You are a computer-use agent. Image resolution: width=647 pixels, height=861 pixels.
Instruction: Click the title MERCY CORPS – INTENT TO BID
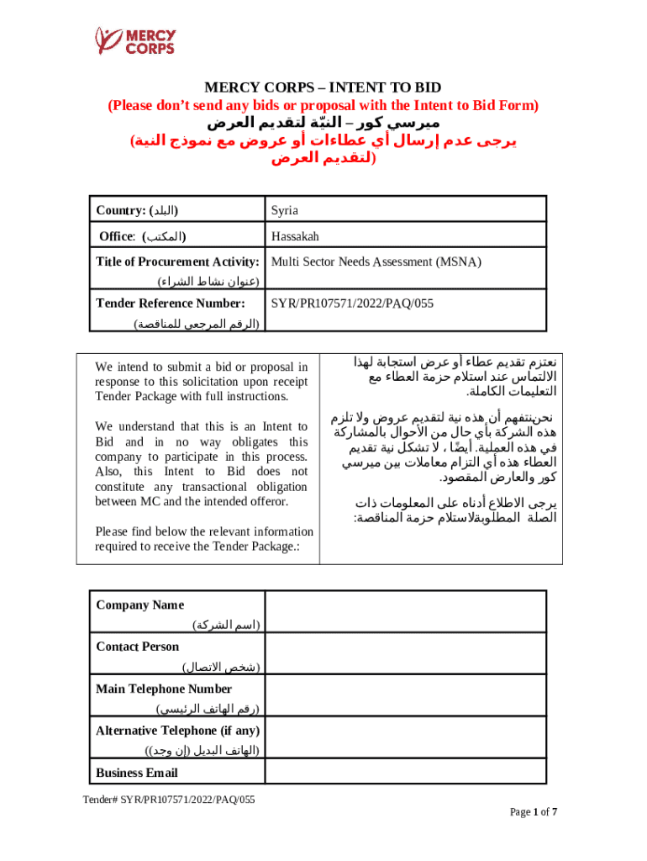click(x=323, y=88)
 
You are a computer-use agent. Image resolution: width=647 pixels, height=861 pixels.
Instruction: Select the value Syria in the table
click(x=284, y=209)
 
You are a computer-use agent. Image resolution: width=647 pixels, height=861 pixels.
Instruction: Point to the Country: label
click(x=138, y=209)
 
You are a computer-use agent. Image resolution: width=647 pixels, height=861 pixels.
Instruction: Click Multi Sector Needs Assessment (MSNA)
click(x=376, y=261)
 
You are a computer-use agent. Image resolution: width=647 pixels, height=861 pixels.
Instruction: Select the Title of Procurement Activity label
click(x=181, y=261)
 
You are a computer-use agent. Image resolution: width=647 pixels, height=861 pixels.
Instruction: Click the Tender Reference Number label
click(x=171, y=303)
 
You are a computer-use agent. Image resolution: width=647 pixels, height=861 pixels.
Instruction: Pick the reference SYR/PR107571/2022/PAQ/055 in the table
click(x=352, y=303)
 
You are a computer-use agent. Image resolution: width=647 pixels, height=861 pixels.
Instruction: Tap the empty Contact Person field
click(x=406, y=654)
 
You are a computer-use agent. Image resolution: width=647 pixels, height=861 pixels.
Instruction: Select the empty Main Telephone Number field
click(x=406, y=696)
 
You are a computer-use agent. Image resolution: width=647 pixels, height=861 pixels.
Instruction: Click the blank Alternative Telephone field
click(x=406, y=738)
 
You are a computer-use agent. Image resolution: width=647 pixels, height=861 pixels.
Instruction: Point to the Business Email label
click(x=137, y=773)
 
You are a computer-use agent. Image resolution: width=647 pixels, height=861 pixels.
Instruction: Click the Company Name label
click(x=140, y=605)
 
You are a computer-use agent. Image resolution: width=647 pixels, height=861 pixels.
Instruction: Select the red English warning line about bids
click(x=323, y=106)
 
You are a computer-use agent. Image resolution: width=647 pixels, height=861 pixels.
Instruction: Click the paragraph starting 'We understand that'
click(x=202, y=464)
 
